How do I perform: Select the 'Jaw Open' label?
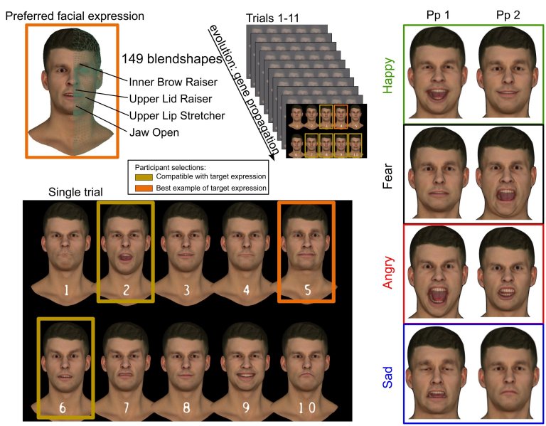tap(154, 132)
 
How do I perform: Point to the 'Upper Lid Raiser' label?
tap(169, 98)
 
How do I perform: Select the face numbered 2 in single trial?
tap(125, 245)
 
